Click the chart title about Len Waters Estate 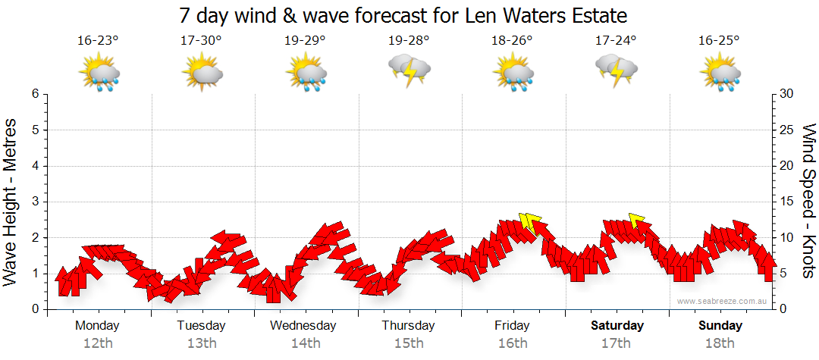coord(404,15)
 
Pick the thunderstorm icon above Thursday coord(409,70)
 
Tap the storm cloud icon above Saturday coord(616,70)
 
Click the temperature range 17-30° coord(201,41)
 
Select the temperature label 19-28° coord(409,41)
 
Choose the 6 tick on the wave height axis coord(35,94)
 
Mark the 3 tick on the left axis coord(35,202)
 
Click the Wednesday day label coord(303,326)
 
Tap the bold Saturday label coord(617,326)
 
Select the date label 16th coord(513,343)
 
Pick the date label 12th coord(97,343)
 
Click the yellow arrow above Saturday coord(636,221)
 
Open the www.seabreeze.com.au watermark coord(723,302)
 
